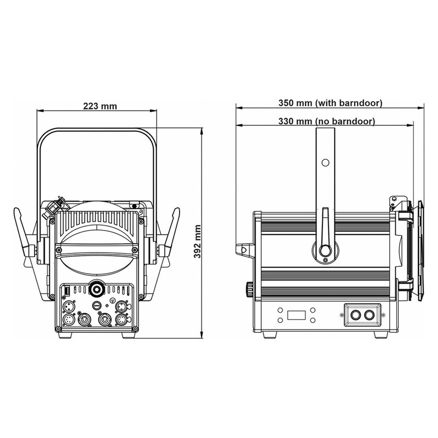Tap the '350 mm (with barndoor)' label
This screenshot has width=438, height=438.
pos(330,102)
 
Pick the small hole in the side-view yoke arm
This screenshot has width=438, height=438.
pos(325,163)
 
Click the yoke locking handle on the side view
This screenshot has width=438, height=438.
pos(325,233)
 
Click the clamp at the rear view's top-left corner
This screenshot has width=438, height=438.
pos(55,206)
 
